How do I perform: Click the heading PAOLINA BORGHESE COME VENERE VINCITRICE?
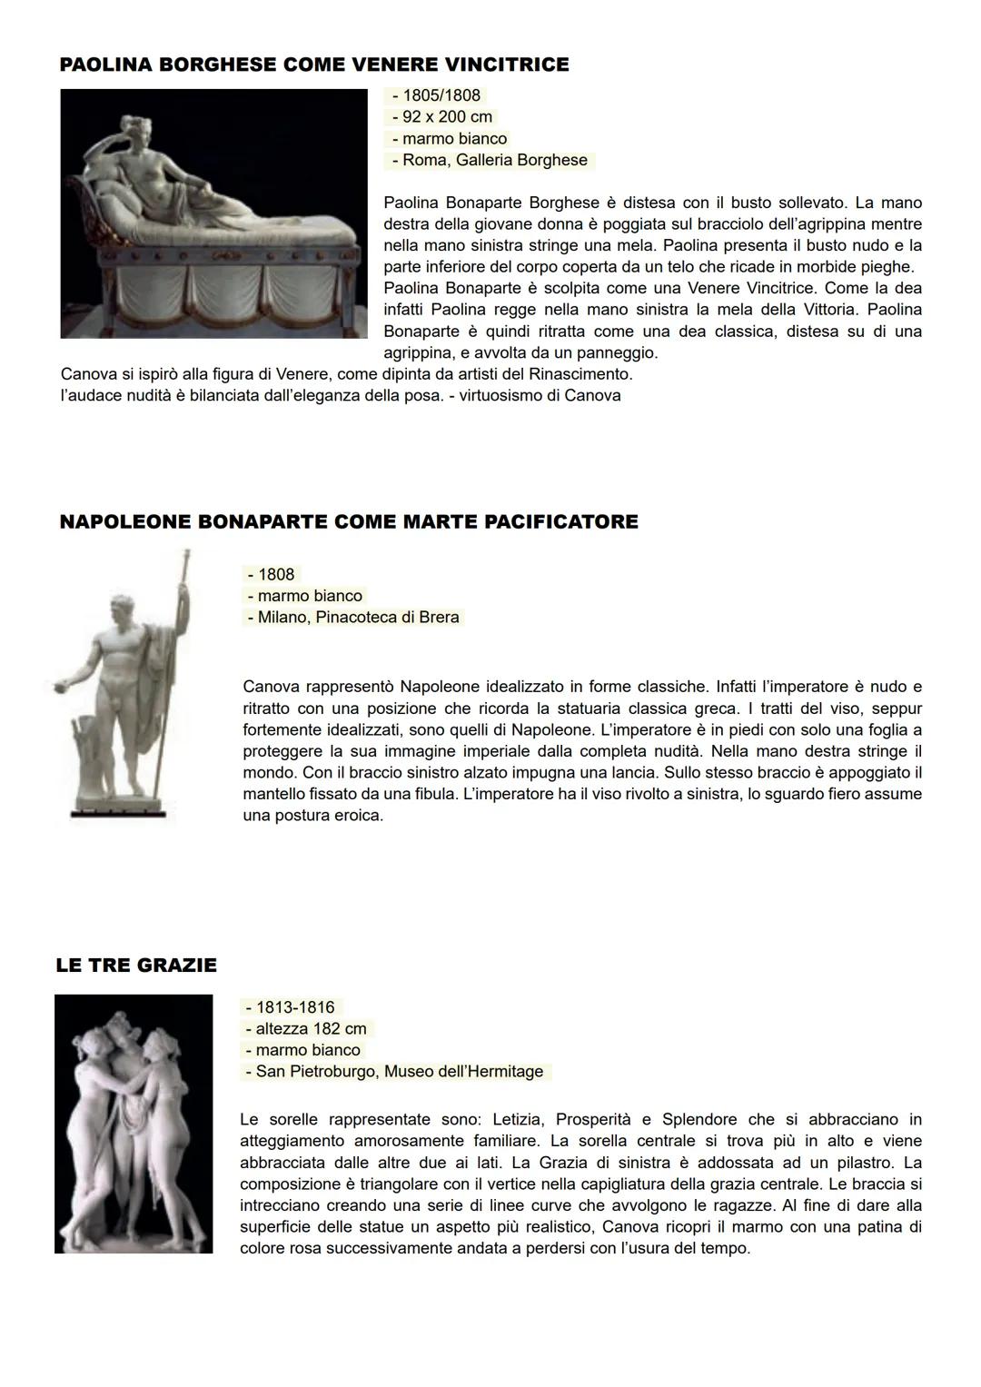[314, 64]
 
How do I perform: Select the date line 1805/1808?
[436, 95]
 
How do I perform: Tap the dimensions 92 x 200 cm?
[441, 117]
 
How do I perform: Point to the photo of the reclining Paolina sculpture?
[213, 213]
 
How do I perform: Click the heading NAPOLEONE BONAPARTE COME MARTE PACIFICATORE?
[348, 521]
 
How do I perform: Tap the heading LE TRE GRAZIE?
[136, 965]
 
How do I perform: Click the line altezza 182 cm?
[306, 1029]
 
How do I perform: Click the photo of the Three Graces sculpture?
[134, 1124]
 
